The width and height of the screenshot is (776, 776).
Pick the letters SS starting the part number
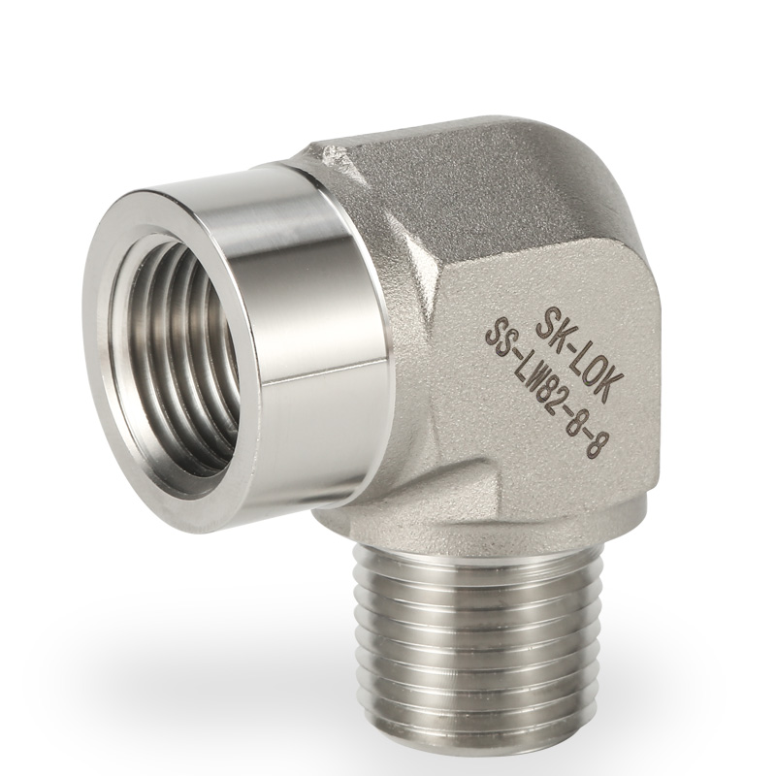501,336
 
